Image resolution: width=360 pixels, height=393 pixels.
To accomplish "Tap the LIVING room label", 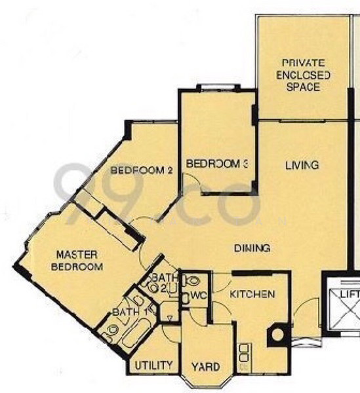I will click(x=302, y=165).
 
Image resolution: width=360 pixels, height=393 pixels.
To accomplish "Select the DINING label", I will click(x=252, y=248).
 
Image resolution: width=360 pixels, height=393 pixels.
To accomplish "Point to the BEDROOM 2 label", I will click(x=141, y=170).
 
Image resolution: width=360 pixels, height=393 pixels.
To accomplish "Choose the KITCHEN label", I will click(x=252, y=295).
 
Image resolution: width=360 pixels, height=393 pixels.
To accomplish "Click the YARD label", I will click(x=205, y=367).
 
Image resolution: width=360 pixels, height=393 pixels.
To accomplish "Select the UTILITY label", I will click(x=154, y=365).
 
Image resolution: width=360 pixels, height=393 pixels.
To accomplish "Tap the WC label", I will click(x=198, y=296).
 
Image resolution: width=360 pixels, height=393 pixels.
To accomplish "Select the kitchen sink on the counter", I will click(x=245, y=354).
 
